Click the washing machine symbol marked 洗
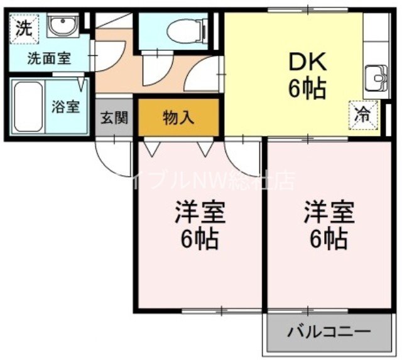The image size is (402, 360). (x=23, y=28)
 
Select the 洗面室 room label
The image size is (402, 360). (x=48, y=60)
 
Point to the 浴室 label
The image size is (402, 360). (x=65, y=106)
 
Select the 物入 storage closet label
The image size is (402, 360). (x=178, y=117)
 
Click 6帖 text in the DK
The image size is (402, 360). (x=307, y=90)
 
